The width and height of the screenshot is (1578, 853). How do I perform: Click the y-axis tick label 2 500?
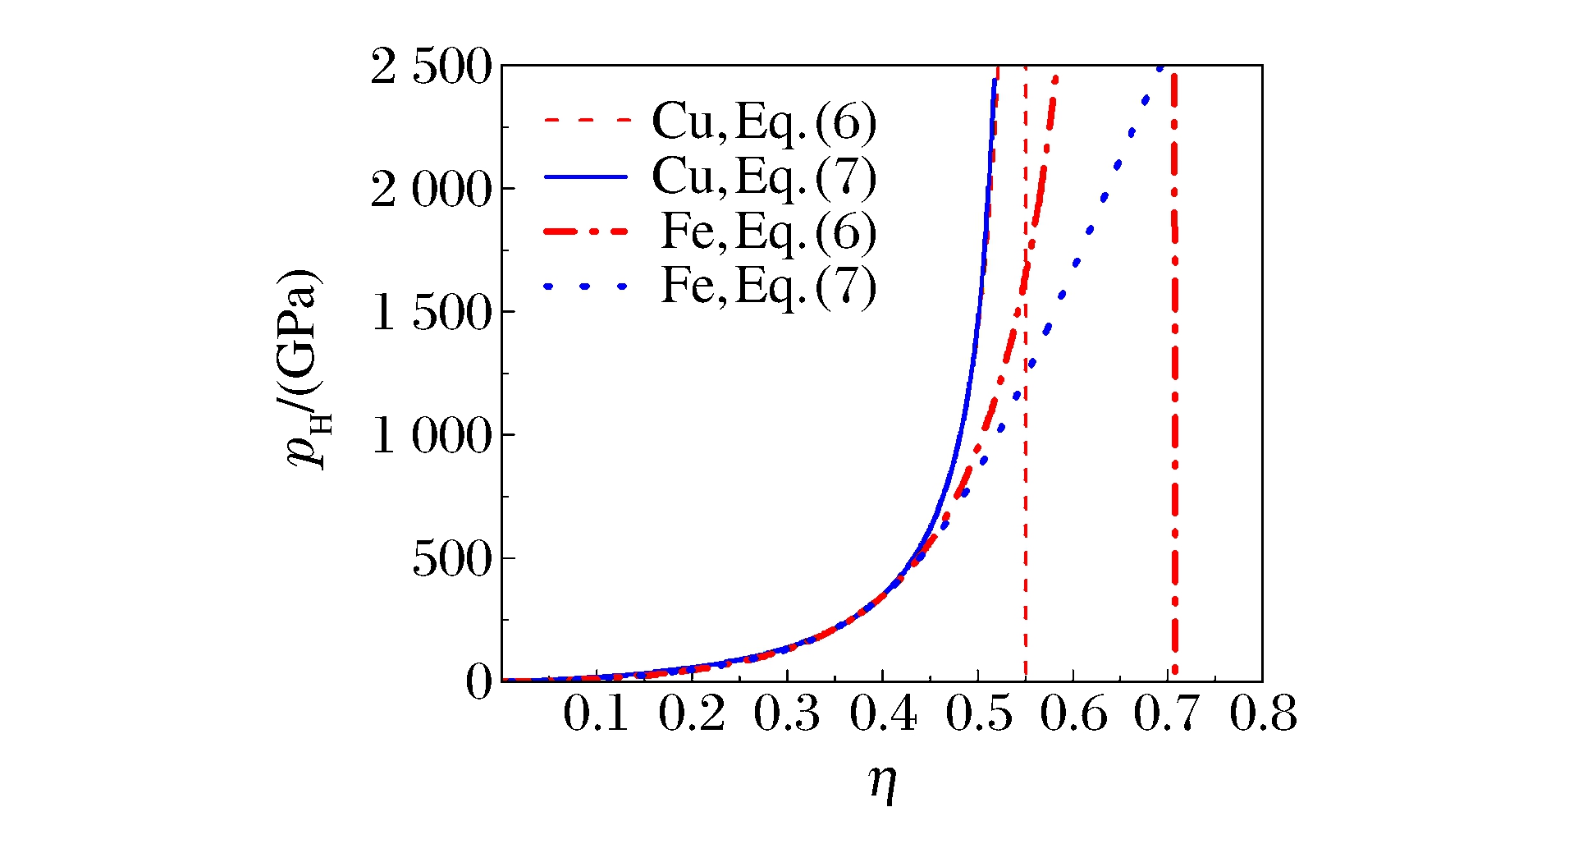click(x=431, y=67)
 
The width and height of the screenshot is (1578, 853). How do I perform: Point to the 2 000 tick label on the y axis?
click(x=431, y=190)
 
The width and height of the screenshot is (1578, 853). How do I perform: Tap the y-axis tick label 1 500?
click(x=431, y=314)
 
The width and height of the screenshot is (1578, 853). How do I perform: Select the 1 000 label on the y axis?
click(x=431, y=436)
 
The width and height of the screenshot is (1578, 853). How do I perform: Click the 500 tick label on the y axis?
click(x=451, y=560)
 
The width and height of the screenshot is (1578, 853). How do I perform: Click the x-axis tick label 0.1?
click(x=597, y=714)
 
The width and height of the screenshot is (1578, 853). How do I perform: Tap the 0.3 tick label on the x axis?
click(x=787, y=714)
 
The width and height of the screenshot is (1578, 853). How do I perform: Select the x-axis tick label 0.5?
click(x=978, y=714)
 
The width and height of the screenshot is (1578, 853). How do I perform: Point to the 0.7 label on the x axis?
click(x=1168, y=714)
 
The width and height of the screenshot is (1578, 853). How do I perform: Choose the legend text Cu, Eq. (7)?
click(x=764, y=177)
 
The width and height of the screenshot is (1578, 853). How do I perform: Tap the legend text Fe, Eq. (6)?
click(x=769, y=232)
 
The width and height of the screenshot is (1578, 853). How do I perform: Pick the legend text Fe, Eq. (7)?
click(x=769, y=287)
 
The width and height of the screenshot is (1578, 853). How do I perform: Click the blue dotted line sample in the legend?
click(x=586, y=287)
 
